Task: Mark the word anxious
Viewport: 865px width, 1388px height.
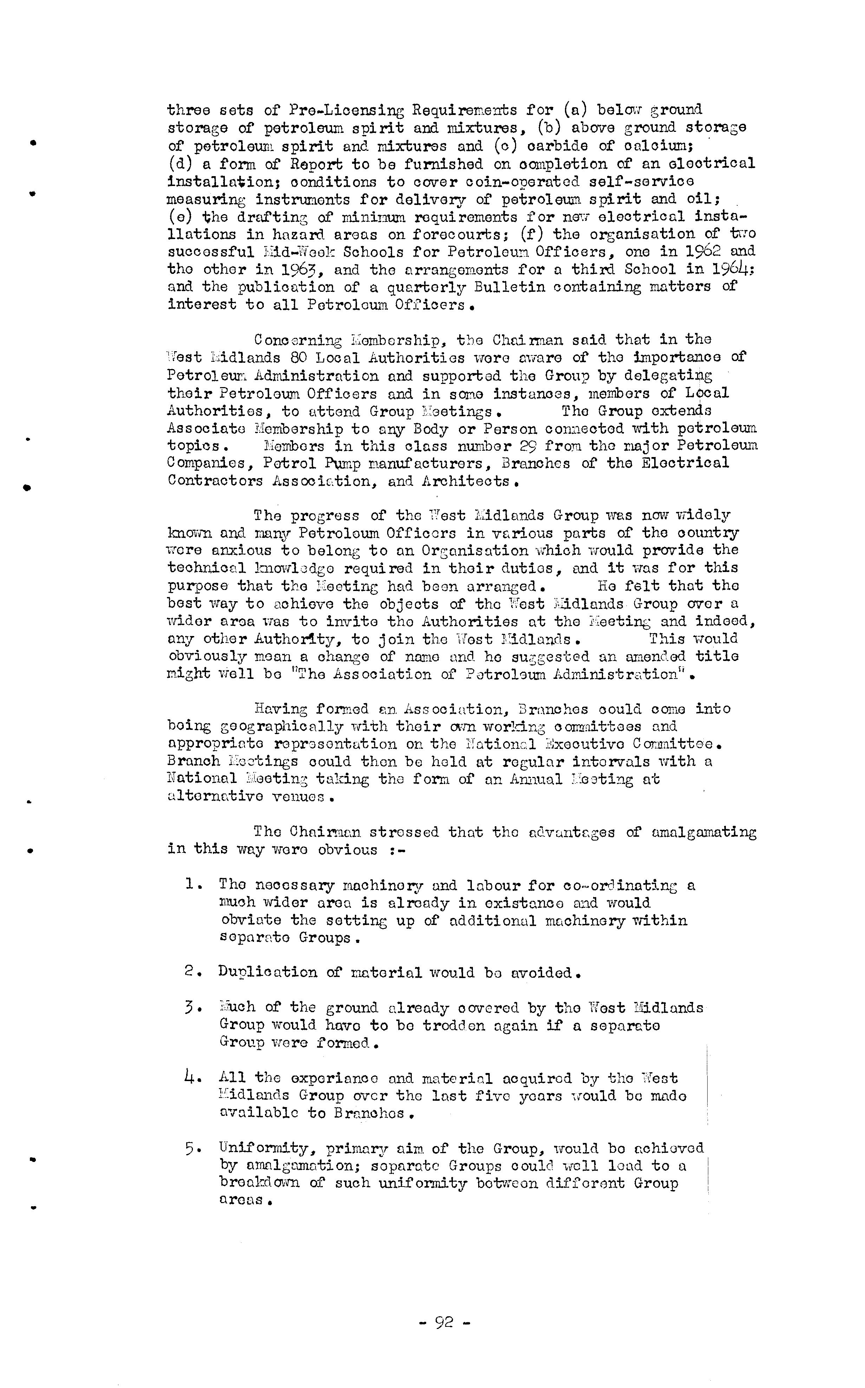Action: (x=241, y=551)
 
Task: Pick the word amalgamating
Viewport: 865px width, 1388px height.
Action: (x=704, y=832)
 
